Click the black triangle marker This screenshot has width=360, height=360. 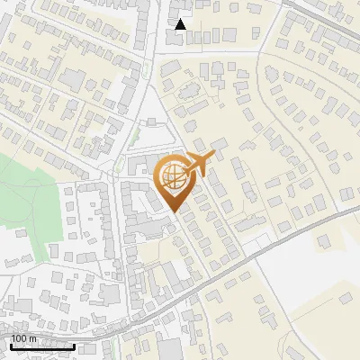click(x=181, y=24)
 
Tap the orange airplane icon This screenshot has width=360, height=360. click(x=200, y=162)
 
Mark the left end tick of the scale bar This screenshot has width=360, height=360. click(x=11, y=346)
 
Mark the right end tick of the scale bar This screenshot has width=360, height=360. click(x=74, y=346)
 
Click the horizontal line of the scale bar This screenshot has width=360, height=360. click(x=42, y=347)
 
